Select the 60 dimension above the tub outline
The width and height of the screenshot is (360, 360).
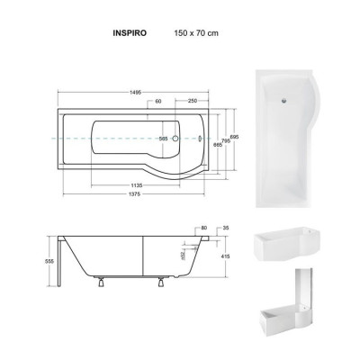click(158, 102)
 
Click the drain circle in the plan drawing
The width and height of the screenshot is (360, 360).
click(176, 139)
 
